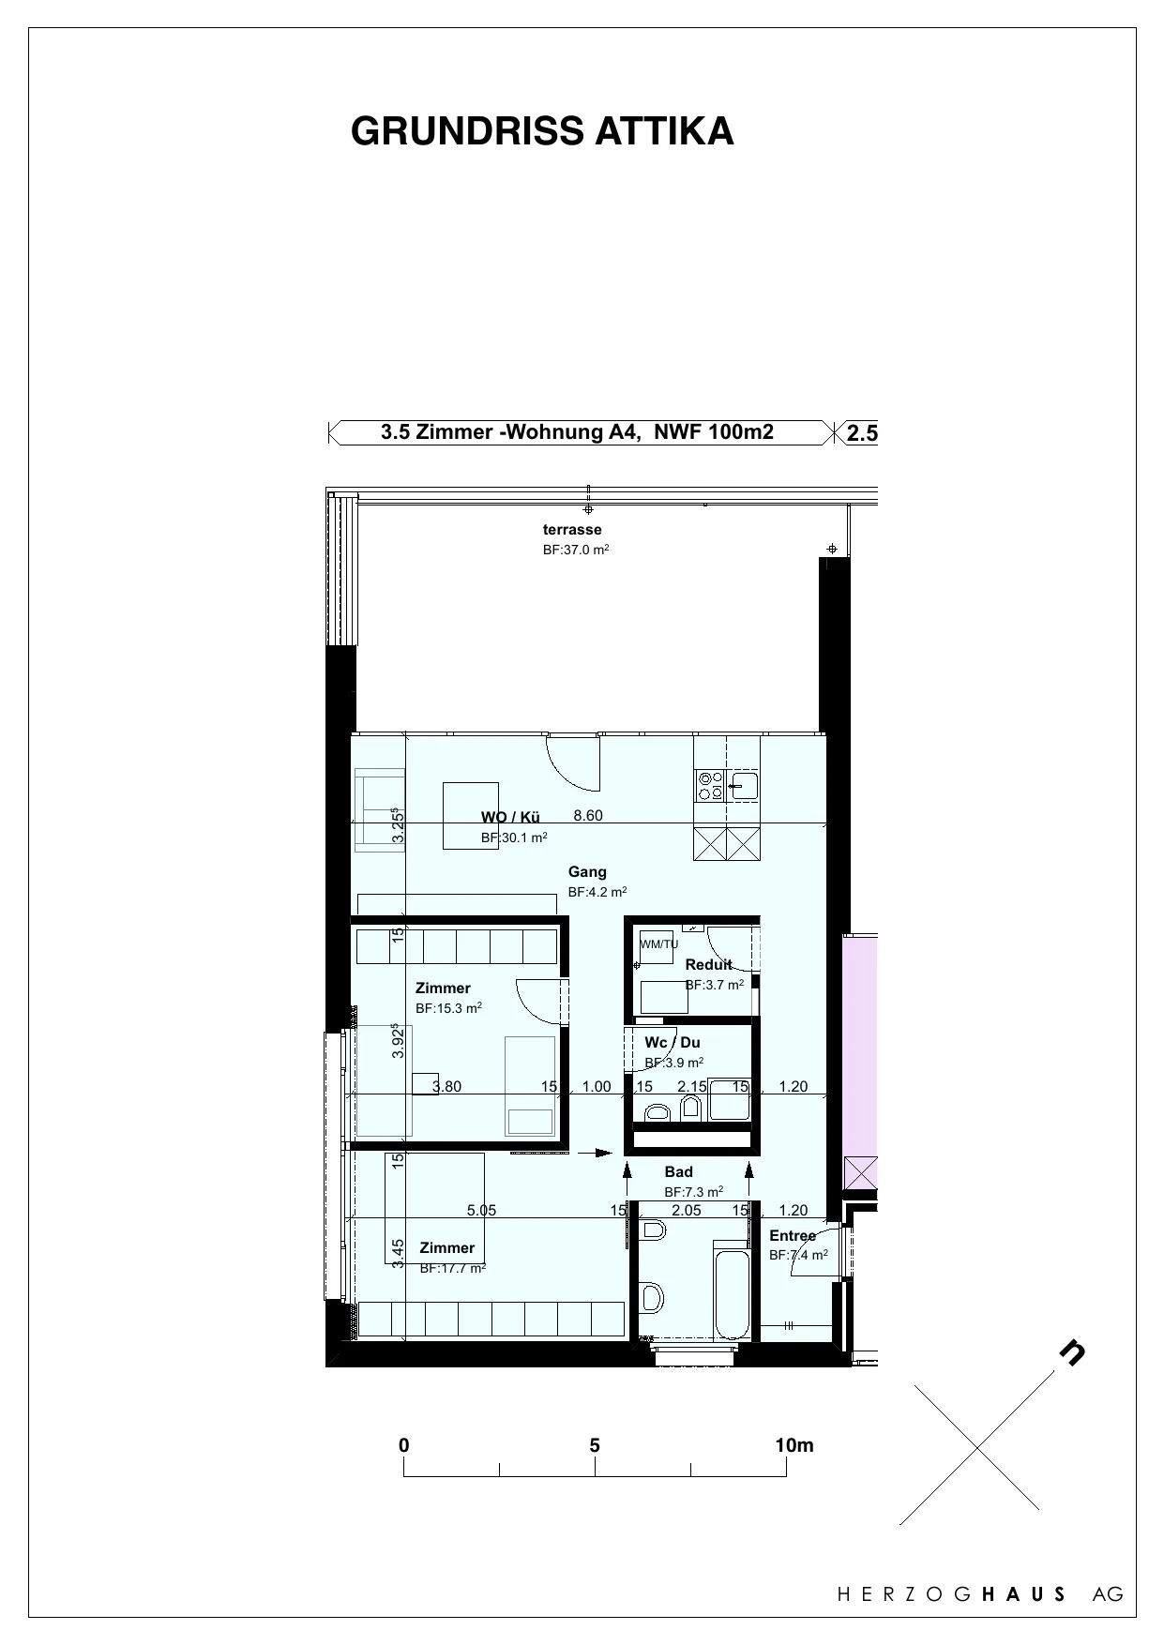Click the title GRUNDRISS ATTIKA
point(542,132)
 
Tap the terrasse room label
point(572,530)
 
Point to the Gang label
point(587,872)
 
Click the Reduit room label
point(708,965)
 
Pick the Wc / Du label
point(672,1043)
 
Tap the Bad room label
point(678,1172)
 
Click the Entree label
point(793,1236)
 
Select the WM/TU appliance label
point(658,944)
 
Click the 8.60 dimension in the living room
point(588,816)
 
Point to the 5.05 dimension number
point(481,1211)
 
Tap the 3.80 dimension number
point(446,1087)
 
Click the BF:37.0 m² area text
point(576,550)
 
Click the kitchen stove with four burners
point(710,785)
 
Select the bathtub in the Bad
point(732,1291)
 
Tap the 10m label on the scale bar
point(794,1445)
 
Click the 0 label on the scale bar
point(404,1445)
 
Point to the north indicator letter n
point(1072,1351)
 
